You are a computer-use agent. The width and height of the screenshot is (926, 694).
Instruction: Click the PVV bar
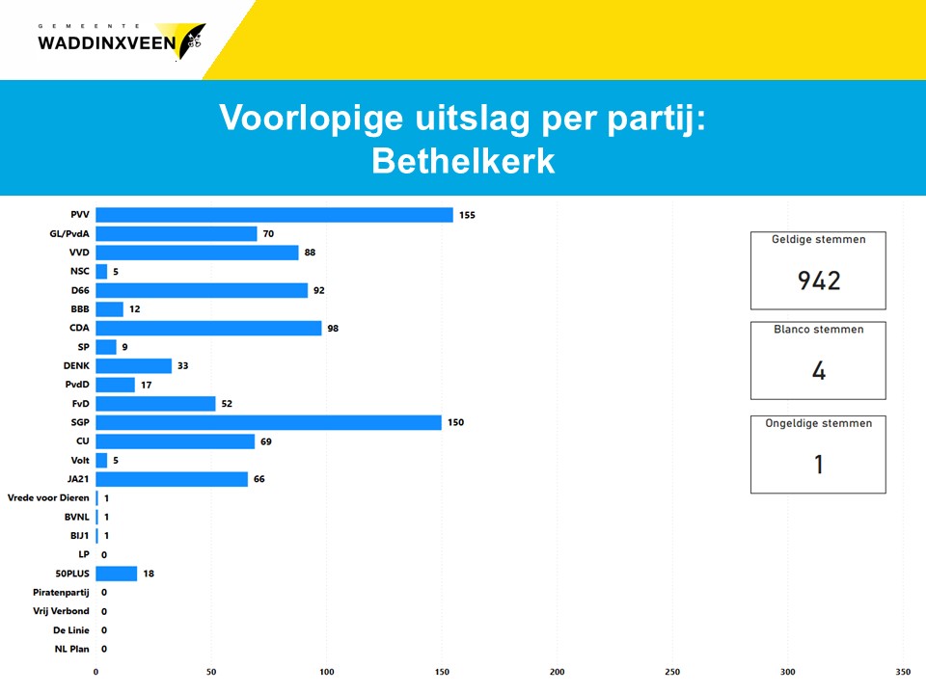click(x=274, y=215)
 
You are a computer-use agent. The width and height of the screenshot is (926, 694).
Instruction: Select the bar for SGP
click(x=268, y=422)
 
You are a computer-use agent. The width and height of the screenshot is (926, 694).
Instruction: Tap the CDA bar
click(x=208, y=328)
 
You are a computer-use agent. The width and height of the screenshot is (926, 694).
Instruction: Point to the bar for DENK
click(x=133, y=365)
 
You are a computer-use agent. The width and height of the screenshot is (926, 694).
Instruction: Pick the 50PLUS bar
click(x=116, y=574)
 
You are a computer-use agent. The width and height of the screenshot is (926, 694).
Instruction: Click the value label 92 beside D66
click(x=321, y=290)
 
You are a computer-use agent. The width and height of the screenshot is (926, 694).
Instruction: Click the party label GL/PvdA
click(x=69, y=233)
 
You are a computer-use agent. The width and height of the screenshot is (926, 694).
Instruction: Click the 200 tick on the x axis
click(x=558, y=671)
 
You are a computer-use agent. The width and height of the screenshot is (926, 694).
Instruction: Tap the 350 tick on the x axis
click(x=903, y=671)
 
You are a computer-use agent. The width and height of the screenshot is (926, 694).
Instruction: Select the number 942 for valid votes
click(x=818, y=280)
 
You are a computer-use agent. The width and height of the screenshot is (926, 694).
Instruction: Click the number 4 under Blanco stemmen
click(x=818, y=371)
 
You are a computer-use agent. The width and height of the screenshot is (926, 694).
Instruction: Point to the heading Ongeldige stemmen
click(x=818, y=423)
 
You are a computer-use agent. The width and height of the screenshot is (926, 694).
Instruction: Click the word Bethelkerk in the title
click(x=463, y=161)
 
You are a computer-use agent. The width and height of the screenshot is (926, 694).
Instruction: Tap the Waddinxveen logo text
click(x=106, y=42)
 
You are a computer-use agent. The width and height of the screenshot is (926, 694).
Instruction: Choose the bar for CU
click(x=175, y=441)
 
